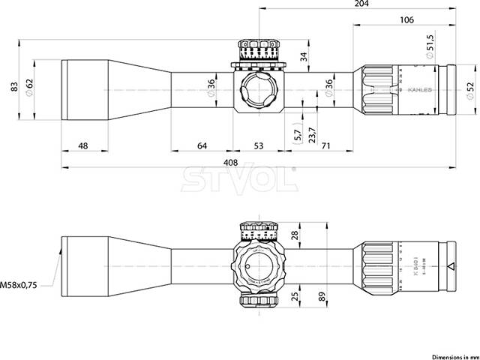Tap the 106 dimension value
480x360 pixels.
(x=407, y=20)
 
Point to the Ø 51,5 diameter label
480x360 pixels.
(x=430, y=46)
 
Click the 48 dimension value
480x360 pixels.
(x=82, y=145)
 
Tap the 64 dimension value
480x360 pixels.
(x=202, y=145)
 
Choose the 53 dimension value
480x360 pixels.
(x=258, y=145)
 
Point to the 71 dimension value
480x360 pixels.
(x=325, y=145)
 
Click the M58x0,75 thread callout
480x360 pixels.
(x=21, y=285)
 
